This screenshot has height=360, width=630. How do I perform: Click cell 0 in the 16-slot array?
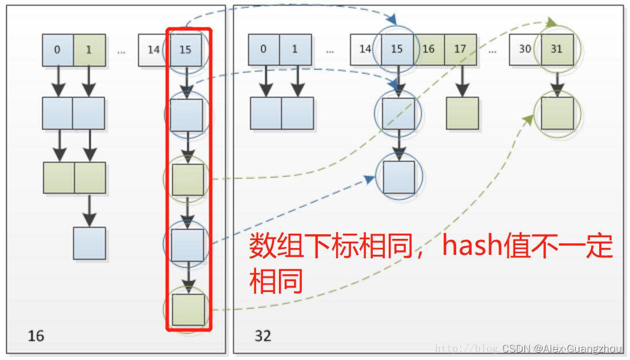tap(57, 50)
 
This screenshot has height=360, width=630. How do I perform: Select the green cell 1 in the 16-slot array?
tap(89, 50)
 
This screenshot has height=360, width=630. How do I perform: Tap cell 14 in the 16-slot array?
tap(153, 50)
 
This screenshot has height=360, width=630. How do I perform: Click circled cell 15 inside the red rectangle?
tap(185, 50)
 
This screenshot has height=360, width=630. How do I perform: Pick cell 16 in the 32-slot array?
tap(428, 49)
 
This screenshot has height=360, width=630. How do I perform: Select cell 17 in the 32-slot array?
tap(460, 49)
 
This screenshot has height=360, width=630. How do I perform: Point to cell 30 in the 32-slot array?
tap(525, 49)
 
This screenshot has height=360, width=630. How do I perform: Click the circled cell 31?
tap(557, 49)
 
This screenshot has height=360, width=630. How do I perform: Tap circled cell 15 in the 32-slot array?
tap(397, 49)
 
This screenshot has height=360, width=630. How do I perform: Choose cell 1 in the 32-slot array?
tap(295, 49)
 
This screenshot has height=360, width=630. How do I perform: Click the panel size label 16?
tap(35, 335)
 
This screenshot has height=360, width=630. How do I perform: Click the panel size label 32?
tap(262, 335)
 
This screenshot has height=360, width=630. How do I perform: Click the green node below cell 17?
tap(462, 113)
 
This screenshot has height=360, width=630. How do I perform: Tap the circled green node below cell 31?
tap(557, 113)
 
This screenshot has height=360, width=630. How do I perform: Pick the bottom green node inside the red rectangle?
tap(188, 310)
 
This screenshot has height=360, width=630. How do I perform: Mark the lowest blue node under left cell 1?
tap(89, 243)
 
